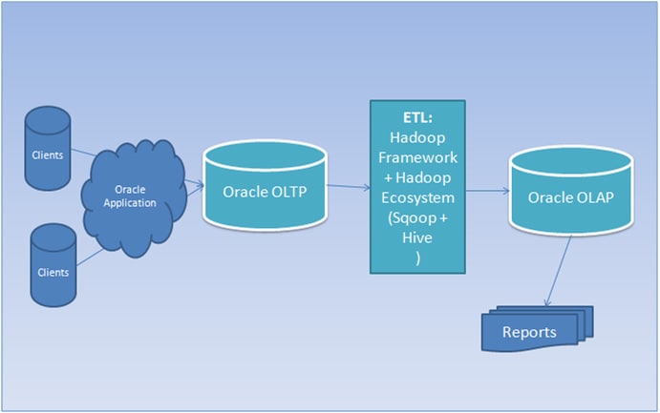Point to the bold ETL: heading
(416, 118)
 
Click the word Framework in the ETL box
(417, 156)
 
